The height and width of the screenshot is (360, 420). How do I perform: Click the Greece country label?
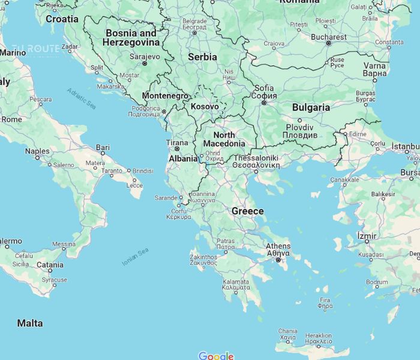tap(248, 211)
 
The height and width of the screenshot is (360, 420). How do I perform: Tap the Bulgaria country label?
tap(310, 107)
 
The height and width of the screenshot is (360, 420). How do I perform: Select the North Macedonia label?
tap(224, 139)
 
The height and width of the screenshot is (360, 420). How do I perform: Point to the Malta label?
tap(30, 323)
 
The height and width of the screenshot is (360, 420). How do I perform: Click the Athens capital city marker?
tap(278, 260)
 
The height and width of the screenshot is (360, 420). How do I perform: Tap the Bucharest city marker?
tap(328, 43)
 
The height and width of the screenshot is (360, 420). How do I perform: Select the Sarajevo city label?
tap(145, 56)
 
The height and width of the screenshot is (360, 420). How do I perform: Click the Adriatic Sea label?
tap(81, 98)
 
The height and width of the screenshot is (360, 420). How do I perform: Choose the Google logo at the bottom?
tap(215, 356)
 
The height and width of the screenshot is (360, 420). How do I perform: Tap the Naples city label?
tap(37, 151)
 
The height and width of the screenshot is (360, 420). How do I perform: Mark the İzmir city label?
tap(367, 236)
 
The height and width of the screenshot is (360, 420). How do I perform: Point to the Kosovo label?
tap(205, 106)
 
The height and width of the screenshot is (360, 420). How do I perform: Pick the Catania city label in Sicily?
tap(50, 265)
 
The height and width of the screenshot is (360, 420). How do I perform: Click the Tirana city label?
tap(177, 143)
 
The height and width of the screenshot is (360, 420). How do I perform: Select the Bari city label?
tap(103, 147)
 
